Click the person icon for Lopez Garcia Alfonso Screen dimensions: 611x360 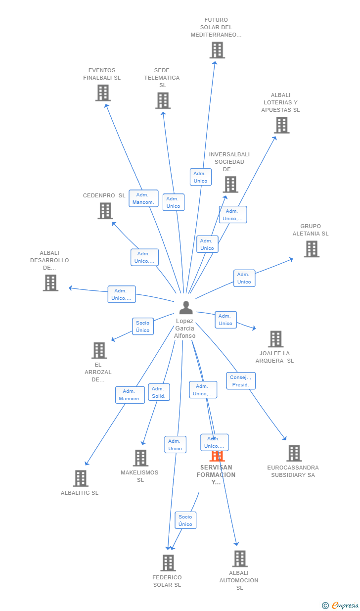(186, 308)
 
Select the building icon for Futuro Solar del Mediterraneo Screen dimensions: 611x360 (217, 50)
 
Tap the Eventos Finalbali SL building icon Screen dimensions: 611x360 (103, 93)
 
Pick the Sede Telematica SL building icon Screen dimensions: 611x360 (163, 101)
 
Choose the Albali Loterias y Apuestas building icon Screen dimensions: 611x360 (282, 125)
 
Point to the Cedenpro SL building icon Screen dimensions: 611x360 (105, 211)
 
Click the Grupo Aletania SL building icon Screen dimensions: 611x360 (312, 249)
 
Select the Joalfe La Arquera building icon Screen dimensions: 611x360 (276, 339)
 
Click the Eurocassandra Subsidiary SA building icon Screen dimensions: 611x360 (294, 453)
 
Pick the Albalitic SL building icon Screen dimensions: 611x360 (81, 478)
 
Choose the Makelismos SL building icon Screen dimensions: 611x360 (140, 458)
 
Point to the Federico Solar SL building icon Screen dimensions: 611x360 (168, 563)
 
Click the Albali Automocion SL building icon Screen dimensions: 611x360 (240, 559)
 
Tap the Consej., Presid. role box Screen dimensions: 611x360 (241, 381)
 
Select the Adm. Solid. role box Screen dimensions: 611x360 (159, 392)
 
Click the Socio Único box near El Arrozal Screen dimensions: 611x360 (143, 327)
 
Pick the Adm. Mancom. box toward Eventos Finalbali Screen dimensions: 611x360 (143, 198)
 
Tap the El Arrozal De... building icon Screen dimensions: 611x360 (99, 350)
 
